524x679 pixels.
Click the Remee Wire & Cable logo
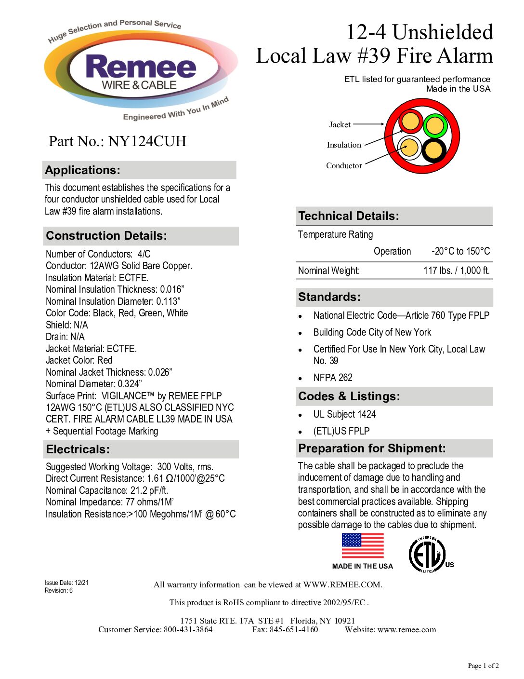pos(141,71)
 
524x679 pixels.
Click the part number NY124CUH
pos(147,141)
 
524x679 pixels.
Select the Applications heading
pos(83,170)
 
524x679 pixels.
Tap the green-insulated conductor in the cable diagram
pos(435,126)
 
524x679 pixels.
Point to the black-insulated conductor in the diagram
pos(434,150)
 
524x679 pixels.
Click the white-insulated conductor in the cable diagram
pos(409,148)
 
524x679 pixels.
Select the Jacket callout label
pos(340,124)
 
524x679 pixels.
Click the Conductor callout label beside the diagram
pos(344,165)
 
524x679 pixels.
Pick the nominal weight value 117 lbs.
pos(456,271)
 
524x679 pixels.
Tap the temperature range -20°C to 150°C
pos(460,251)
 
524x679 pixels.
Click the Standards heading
pos(329,297)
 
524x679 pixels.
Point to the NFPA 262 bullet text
pos(333,378)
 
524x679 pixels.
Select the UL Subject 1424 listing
pos(344,414)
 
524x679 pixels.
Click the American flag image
pos(363,546)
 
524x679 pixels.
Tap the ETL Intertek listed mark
pos(427,555)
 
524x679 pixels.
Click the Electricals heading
pos(78,449)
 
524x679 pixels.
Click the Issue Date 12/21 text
pos(66,583)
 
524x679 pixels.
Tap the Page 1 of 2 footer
pos(483,665)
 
